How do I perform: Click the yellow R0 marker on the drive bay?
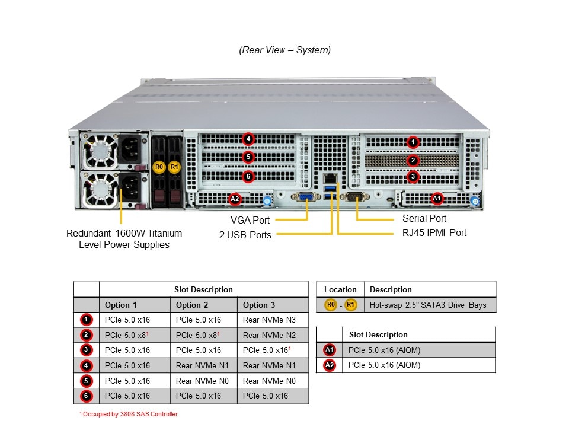coord(158,167)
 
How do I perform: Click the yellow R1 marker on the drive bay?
coord(174,167)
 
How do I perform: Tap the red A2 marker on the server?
coord(235,199)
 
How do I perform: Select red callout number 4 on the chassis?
coord(248,140)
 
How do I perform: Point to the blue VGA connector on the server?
coord(306,199)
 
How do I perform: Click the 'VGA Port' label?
coord(250,221)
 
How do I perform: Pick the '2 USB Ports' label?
coord(245,235)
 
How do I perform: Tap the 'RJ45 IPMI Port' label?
coord(434,232)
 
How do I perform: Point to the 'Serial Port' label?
coord(424,218)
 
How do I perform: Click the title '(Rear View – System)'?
coord(285,50)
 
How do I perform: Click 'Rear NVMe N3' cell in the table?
coord(269,320)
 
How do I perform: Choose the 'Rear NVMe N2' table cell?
coord(269,335)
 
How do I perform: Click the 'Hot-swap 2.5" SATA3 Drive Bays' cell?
coord(428,305)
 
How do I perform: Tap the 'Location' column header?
coord(340,289)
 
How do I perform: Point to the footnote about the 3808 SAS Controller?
coord(128,414)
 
